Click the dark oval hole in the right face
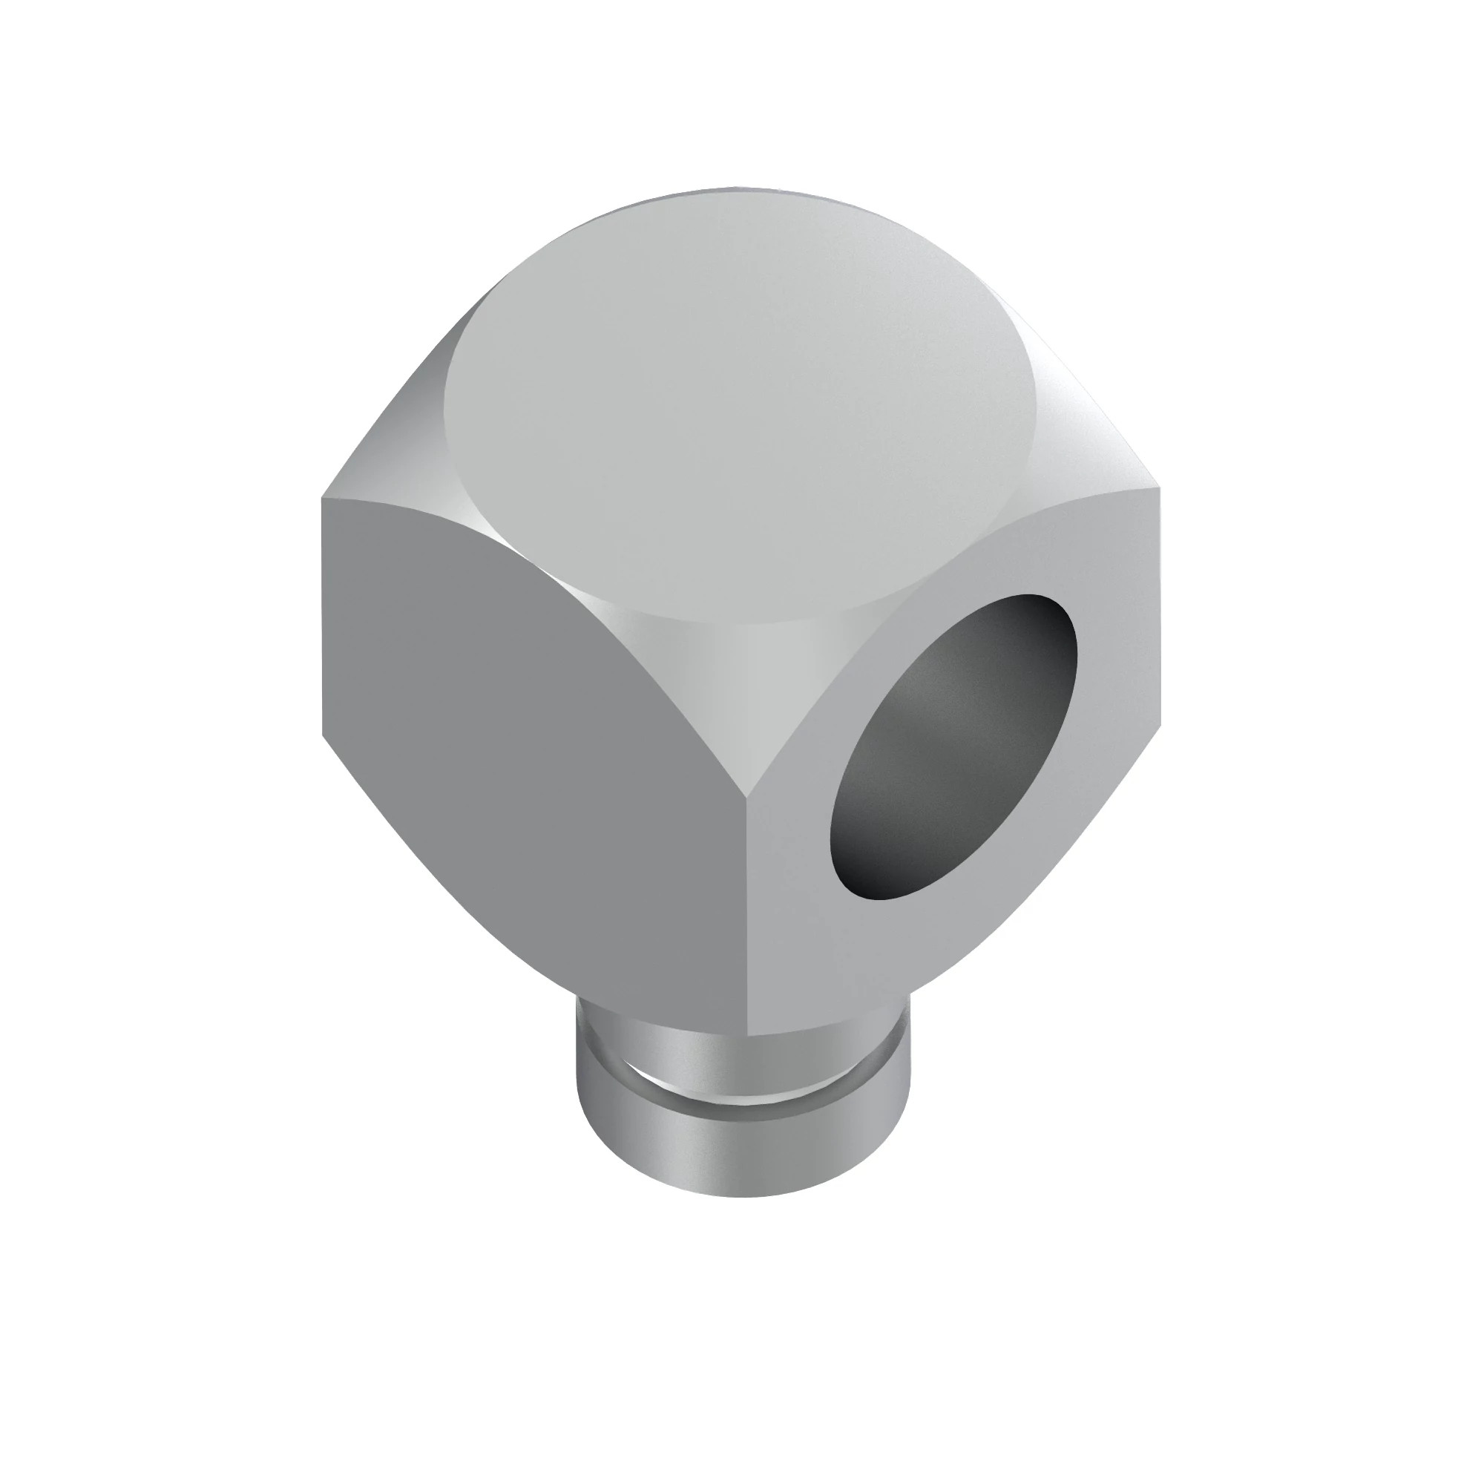(953, 745)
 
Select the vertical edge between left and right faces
(746, 922)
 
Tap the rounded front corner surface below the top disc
(738, 676)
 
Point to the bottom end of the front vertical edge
(746, 1033)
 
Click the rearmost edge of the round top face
(738, 189)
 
